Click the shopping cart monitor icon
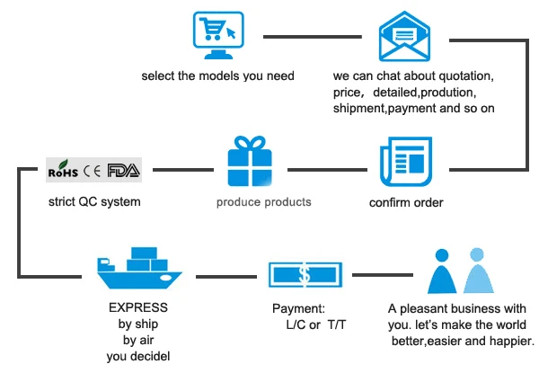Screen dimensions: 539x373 218,35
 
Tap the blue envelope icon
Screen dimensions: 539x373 404,37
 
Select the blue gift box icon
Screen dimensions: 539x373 250,161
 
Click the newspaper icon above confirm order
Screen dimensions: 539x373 406,162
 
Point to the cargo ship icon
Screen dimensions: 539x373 139,268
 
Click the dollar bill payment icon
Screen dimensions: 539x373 305,275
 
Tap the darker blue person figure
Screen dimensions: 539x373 442,271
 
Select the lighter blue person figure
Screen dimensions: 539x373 478,271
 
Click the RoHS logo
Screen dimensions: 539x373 63,169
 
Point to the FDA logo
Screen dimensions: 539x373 124,170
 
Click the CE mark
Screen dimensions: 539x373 93,171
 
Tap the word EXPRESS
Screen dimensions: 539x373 138,307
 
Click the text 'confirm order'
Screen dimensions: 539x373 406,203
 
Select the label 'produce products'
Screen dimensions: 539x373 263,202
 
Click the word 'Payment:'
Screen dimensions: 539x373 298,308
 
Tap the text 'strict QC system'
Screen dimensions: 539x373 94,202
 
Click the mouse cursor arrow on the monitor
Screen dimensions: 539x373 232,33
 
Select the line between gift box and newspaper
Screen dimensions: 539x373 327,170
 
